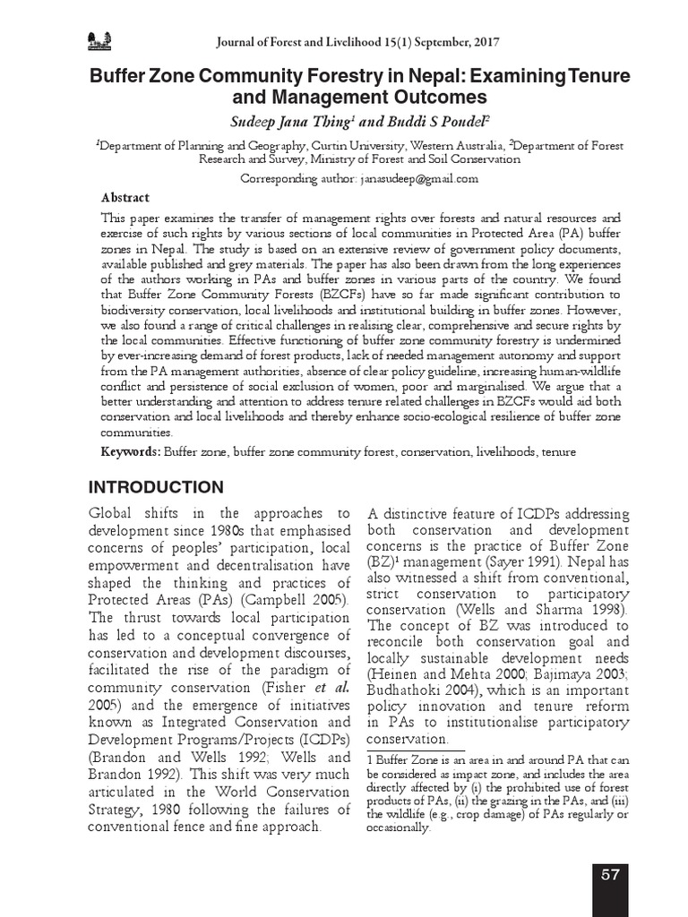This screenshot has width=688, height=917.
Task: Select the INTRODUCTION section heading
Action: click(x=155, y=488)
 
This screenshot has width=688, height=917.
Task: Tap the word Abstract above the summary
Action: click(x=125, y=198)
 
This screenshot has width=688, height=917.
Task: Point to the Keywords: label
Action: click(x=131, y=452)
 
